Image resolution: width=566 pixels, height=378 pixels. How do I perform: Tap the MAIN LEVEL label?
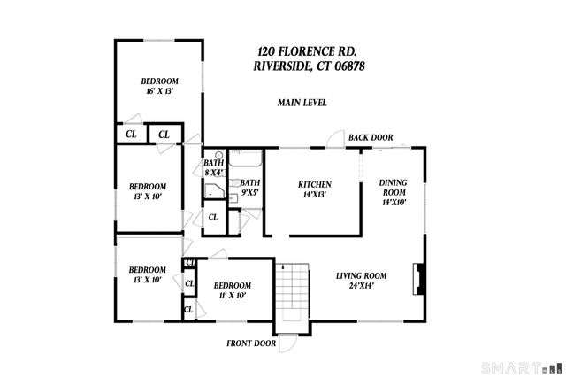coord(302,103)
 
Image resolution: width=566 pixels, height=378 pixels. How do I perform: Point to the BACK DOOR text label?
coord(370,137)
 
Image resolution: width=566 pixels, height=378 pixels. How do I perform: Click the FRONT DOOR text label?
coord(251,343)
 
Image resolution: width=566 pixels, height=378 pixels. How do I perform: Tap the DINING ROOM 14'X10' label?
coord(393,192)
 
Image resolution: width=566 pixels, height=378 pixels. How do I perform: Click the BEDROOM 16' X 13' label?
coord(160,86)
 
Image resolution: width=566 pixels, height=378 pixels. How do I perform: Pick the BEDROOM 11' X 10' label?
coord(233,290)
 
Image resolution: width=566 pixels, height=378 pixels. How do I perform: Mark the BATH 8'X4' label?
coord(213,168)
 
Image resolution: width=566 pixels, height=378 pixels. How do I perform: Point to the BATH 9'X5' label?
coord(250,188)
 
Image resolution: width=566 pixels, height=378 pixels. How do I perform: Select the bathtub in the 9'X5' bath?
coord(246,159)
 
